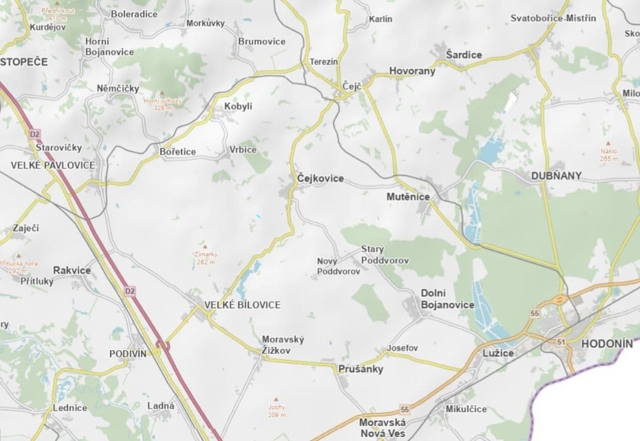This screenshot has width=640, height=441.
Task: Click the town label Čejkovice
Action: (320, 179)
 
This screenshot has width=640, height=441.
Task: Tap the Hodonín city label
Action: (607, 343)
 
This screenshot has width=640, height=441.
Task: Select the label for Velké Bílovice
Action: (242, 305)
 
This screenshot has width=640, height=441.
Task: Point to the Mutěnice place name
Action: (408, 196)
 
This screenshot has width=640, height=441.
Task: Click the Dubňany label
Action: (556, 176)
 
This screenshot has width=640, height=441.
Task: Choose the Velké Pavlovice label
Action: (53, 165)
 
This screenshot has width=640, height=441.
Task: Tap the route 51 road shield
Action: (561, 342)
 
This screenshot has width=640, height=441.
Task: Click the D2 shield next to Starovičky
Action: (35, 134)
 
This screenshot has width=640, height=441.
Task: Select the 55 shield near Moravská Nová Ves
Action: (405, 410)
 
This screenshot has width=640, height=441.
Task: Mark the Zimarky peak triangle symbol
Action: (205, 246)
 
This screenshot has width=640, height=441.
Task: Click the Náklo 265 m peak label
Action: (609, 154)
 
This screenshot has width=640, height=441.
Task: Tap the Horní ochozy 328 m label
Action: (162, 104)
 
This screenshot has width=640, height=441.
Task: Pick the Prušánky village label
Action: (361, 369)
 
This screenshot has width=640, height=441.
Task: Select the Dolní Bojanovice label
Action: (447, 299)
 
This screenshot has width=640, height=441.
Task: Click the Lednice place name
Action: (70, 408)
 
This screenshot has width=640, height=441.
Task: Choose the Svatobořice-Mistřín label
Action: (553, 18)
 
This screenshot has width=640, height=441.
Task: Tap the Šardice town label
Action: (464, 55)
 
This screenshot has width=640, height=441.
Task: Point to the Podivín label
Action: (128, 353)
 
